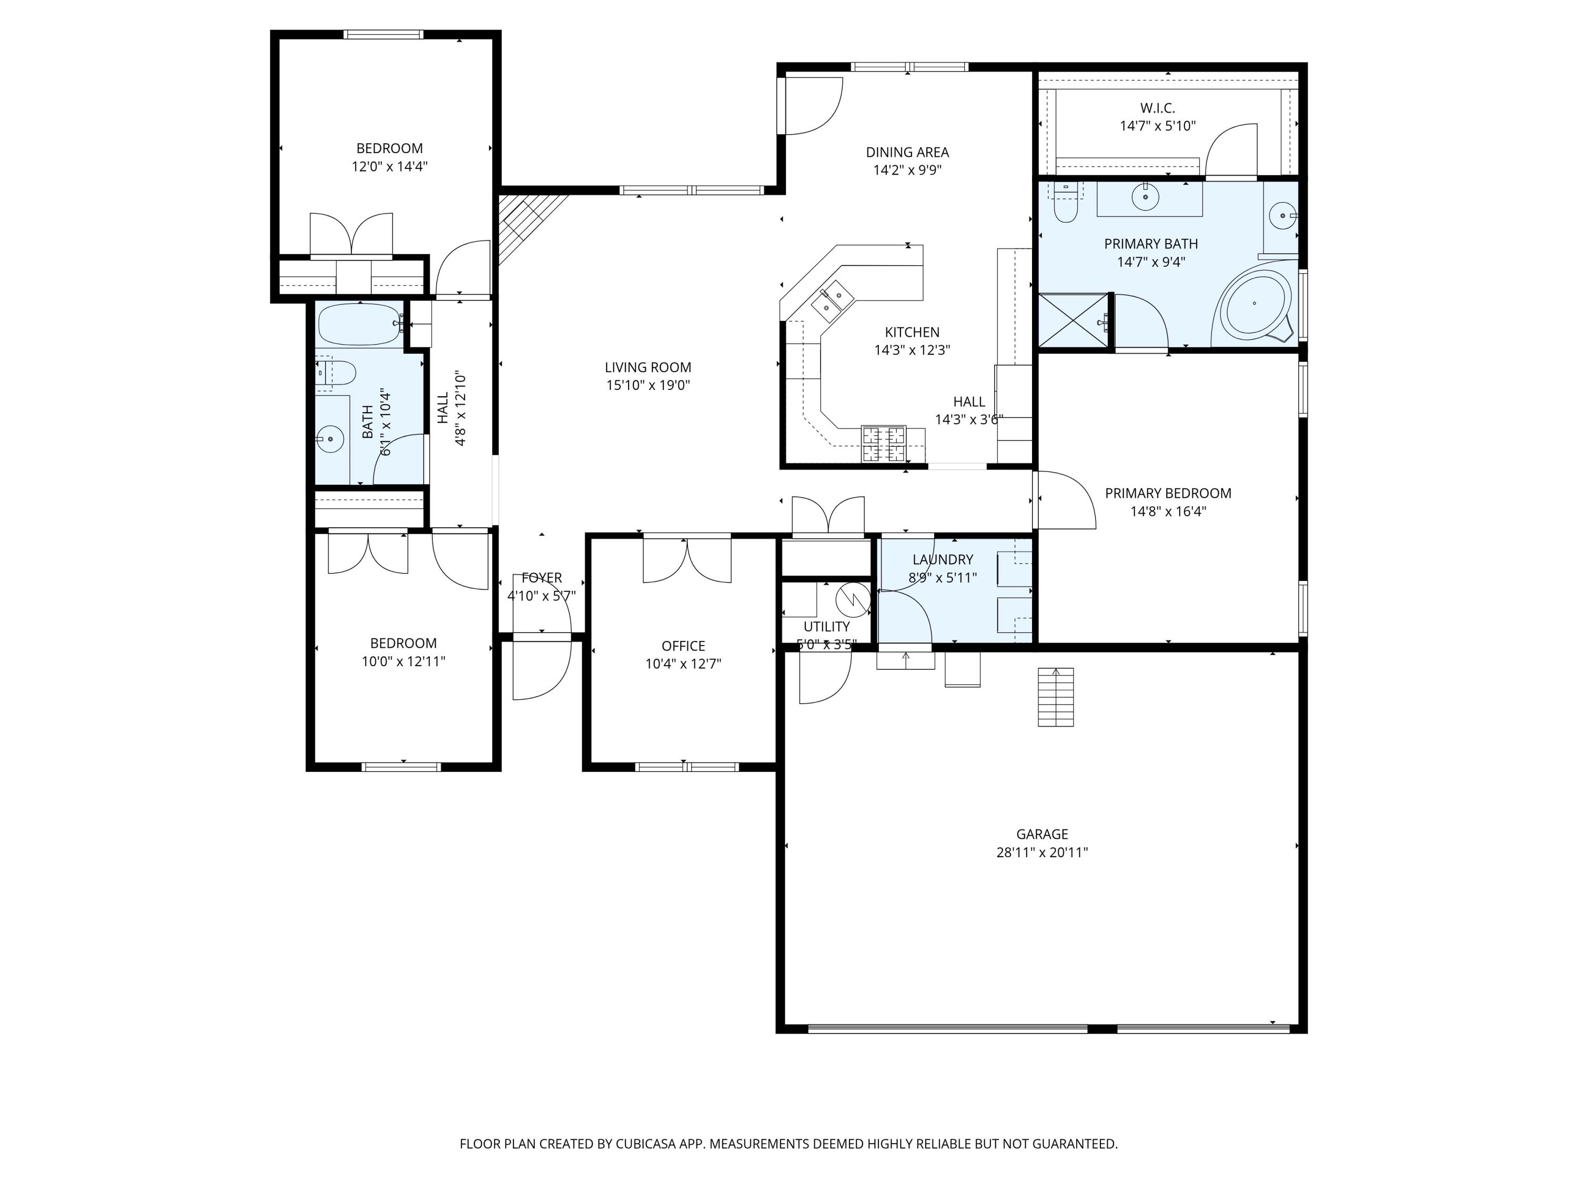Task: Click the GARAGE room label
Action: pos(1041,834)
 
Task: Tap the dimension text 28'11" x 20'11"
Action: pos(1041,852)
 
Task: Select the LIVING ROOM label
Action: pos(648,367)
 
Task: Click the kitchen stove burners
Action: pos(884,444)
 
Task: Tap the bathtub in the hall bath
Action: pos(359,325)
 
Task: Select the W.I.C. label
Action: pos(1157,108)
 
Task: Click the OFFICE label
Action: pos(683,646)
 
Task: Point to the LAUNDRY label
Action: pos(943,559)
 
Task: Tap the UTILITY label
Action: pos(827,627)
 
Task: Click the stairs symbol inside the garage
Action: pos(1056,697)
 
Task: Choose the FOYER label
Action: pos(541,578)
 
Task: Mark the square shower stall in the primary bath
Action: pos(1074,321)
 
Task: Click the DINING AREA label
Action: pos(907,152)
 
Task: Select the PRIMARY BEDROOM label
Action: pos(1168,493)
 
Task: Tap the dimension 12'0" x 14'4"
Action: pos(390,167)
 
